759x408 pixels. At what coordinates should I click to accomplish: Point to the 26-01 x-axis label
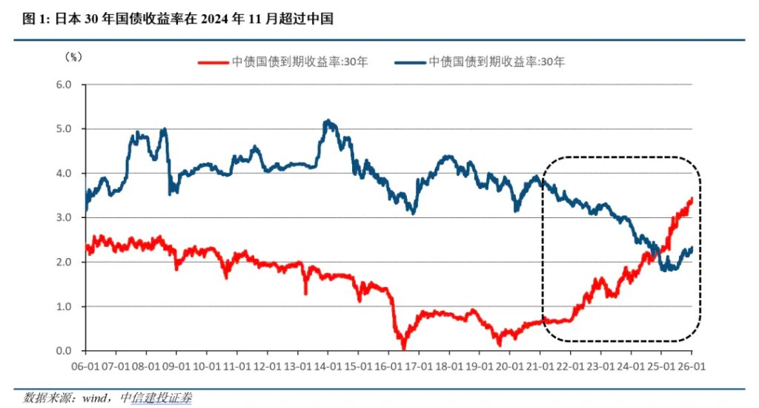coord(692,366)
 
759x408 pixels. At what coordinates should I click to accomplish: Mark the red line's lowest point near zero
coord(403,347)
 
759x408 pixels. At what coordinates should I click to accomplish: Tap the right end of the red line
coord(692,198)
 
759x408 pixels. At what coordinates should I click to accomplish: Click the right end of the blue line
coord(692,249)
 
